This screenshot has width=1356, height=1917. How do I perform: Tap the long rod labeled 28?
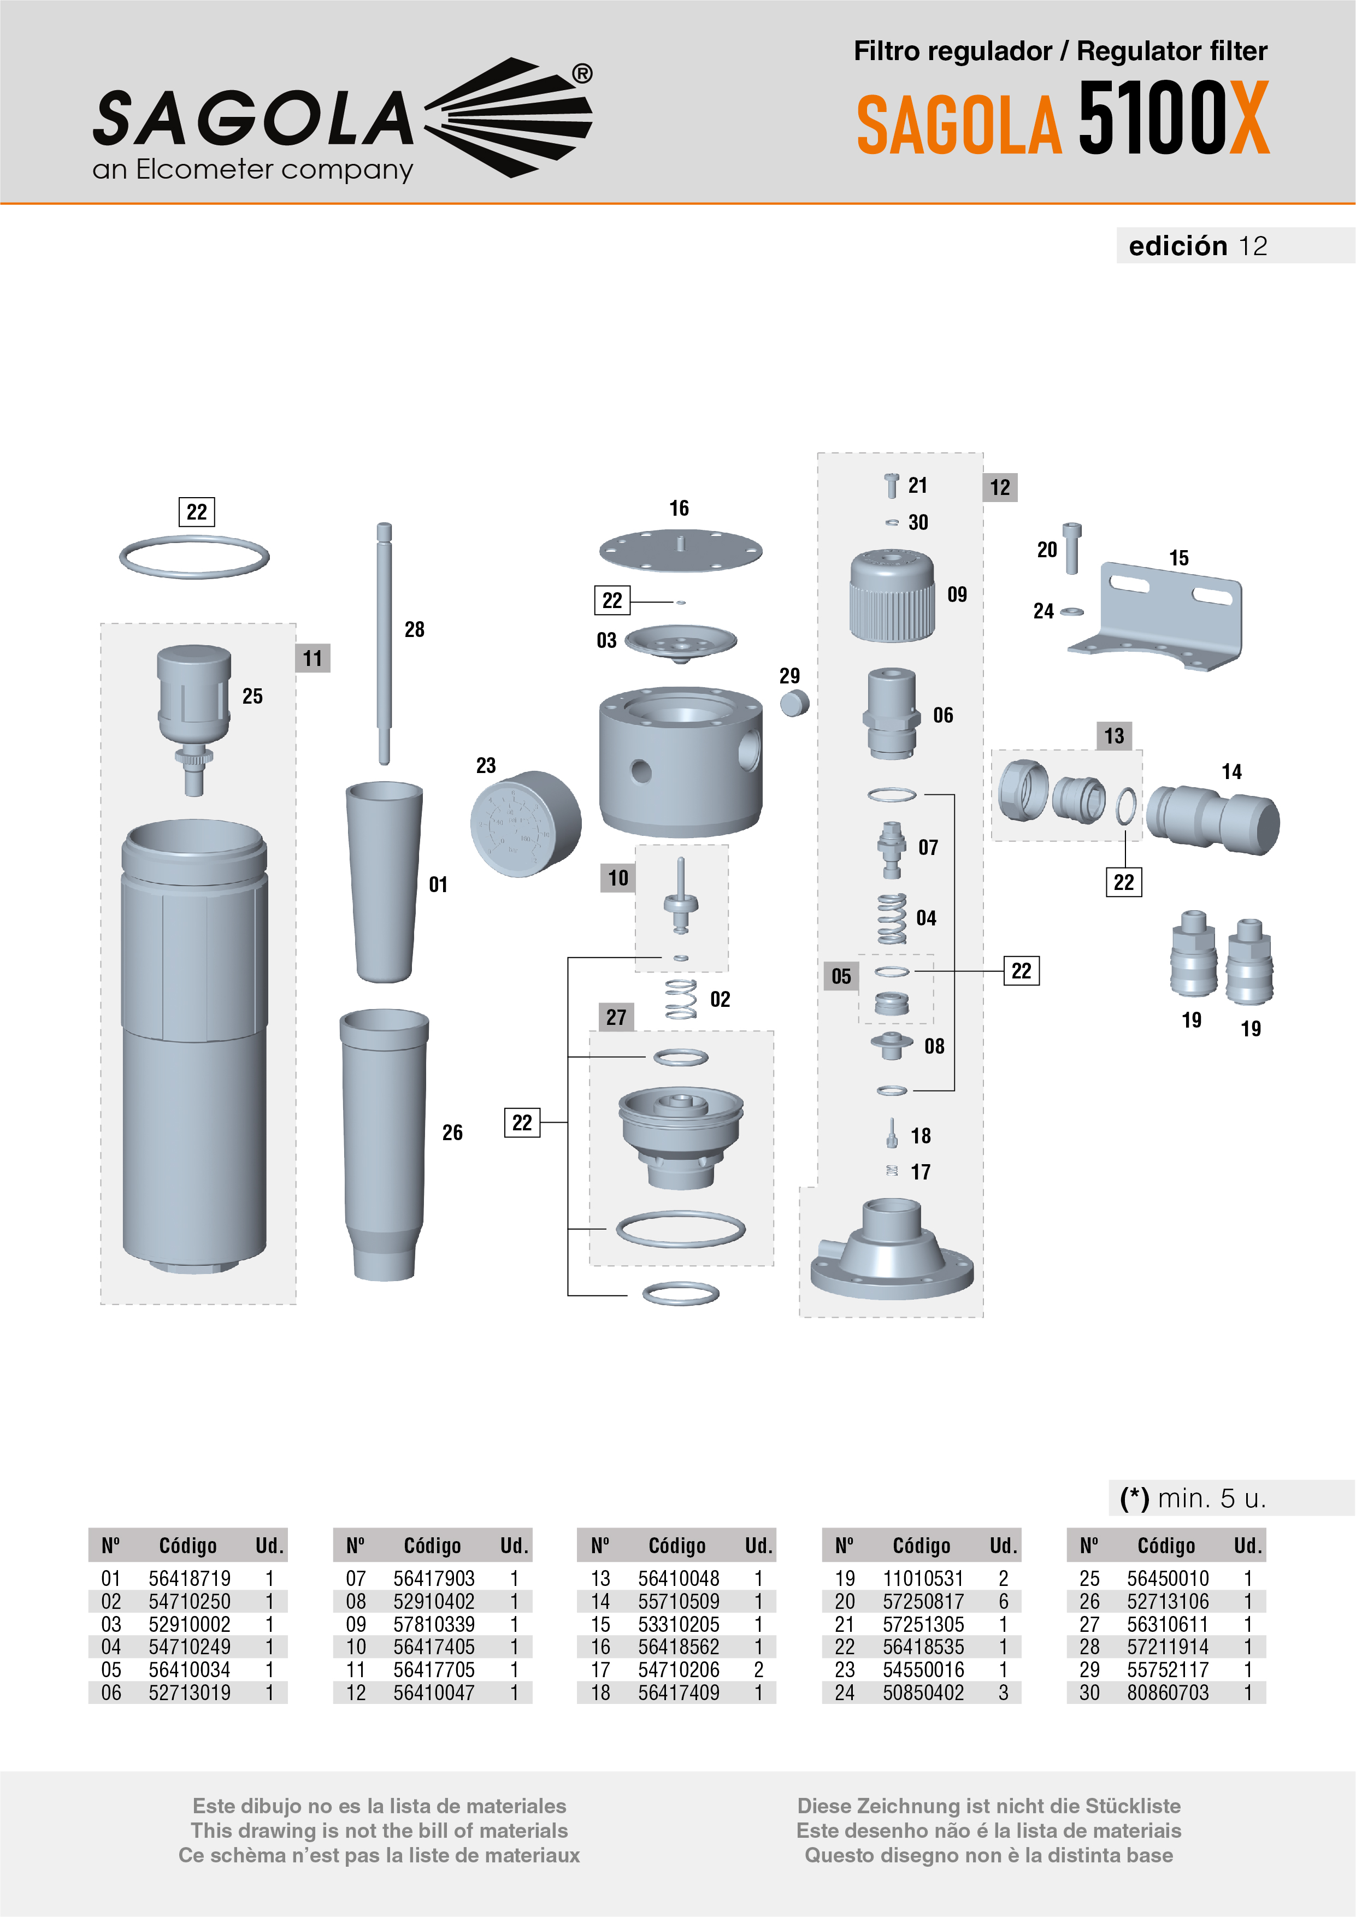point(384,643)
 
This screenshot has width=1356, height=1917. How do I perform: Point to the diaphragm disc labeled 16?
point(681,550)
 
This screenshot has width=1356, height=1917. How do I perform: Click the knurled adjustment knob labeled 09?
point(892,595)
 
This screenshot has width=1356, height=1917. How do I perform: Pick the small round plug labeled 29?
point(794,703)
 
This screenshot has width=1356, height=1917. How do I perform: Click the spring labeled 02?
point(681,999)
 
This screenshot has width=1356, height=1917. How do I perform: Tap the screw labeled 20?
point(1072,548)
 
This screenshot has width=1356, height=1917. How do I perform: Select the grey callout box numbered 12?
point(999,488)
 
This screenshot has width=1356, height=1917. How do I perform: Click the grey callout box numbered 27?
point(616,1017)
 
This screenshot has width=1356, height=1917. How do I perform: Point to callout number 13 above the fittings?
point(1114,735)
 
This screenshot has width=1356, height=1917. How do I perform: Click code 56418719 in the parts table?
point(190,1579)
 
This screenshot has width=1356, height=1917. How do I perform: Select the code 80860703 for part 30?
point(1168,1692)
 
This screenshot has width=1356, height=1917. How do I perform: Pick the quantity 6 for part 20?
point(1004,1601)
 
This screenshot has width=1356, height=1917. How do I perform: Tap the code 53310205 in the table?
point(679,1625)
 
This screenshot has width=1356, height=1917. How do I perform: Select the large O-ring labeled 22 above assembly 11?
point(194,557)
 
